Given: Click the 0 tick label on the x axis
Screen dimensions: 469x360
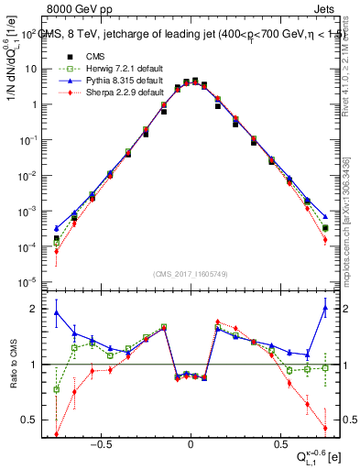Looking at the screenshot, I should click(190, 440).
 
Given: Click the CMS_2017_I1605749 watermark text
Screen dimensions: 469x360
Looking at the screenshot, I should click(190, 275).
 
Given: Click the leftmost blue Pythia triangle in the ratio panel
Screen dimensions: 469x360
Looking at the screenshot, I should click(57, 312).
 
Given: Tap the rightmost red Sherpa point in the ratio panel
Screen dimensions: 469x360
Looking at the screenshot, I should click(325, 427).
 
